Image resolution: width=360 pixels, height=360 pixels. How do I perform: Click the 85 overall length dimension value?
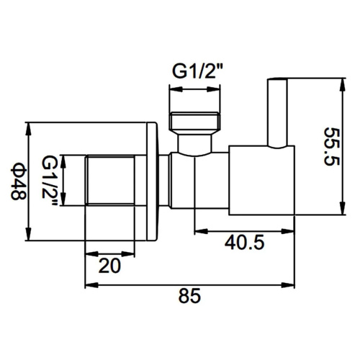tap(189, 296)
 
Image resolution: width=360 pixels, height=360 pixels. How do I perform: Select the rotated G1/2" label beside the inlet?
tap(50, 182)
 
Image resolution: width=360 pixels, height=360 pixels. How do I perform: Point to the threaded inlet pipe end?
tap(109, 181)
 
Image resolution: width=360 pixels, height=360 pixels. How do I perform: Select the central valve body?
tap(202, 181)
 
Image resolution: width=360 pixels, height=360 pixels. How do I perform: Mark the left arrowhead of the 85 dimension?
tap(90, 284)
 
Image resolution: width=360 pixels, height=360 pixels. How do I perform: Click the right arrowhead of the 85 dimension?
tap(292, 284)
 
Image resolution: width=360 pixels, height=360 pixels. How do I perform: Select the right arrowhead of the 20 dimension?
tap(131, 253)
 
